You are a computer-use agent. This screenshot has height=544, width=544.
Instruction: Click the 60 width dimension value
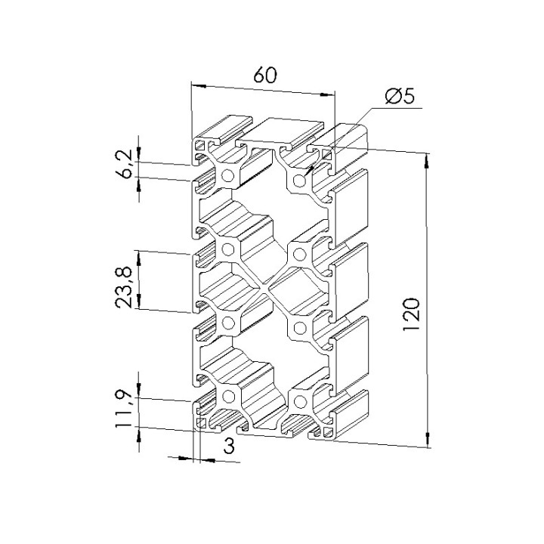[265, 75]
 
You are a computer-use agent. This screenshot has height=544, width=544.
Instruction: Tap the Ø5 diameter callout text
[400, 96]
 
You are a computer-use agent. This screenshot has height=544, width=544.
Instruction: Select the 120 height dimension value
[412, 314]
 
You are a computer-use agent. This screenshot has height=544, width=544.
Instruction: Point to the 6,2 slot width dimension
[124, 163]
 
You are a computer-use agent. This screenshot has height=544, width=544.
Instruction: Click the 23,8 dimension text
[124, 287]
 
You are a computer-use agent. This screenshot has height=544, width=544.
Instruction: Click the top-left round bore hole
[228, 176]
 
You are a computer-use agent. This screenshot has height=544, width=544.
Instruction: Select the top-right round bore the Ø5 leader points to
[299, 181]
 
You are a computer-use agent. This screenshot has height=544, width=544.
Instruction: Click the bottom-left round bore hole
[228, 397]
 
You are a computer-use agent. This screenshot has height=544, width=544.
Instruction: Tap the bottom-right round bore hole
[300, 402]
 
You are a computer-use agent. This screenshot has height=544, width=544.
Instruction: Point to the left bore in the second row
[228, 249]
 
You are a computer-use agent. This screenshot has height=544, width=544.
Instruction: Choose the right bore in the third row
[300, 328]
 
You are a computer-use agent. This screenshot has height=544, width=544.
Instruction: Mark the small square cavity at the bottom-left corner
[201, 422]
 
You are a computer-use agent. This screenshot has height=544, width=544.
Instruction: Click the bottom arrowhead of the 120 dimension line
[428, 440]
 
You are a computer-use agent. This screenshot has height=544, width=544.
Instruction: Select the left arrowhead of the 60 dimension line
[199, 85]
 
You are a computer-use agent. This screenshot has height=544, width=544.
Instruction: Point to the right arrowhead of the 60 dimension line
[327, 94]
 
